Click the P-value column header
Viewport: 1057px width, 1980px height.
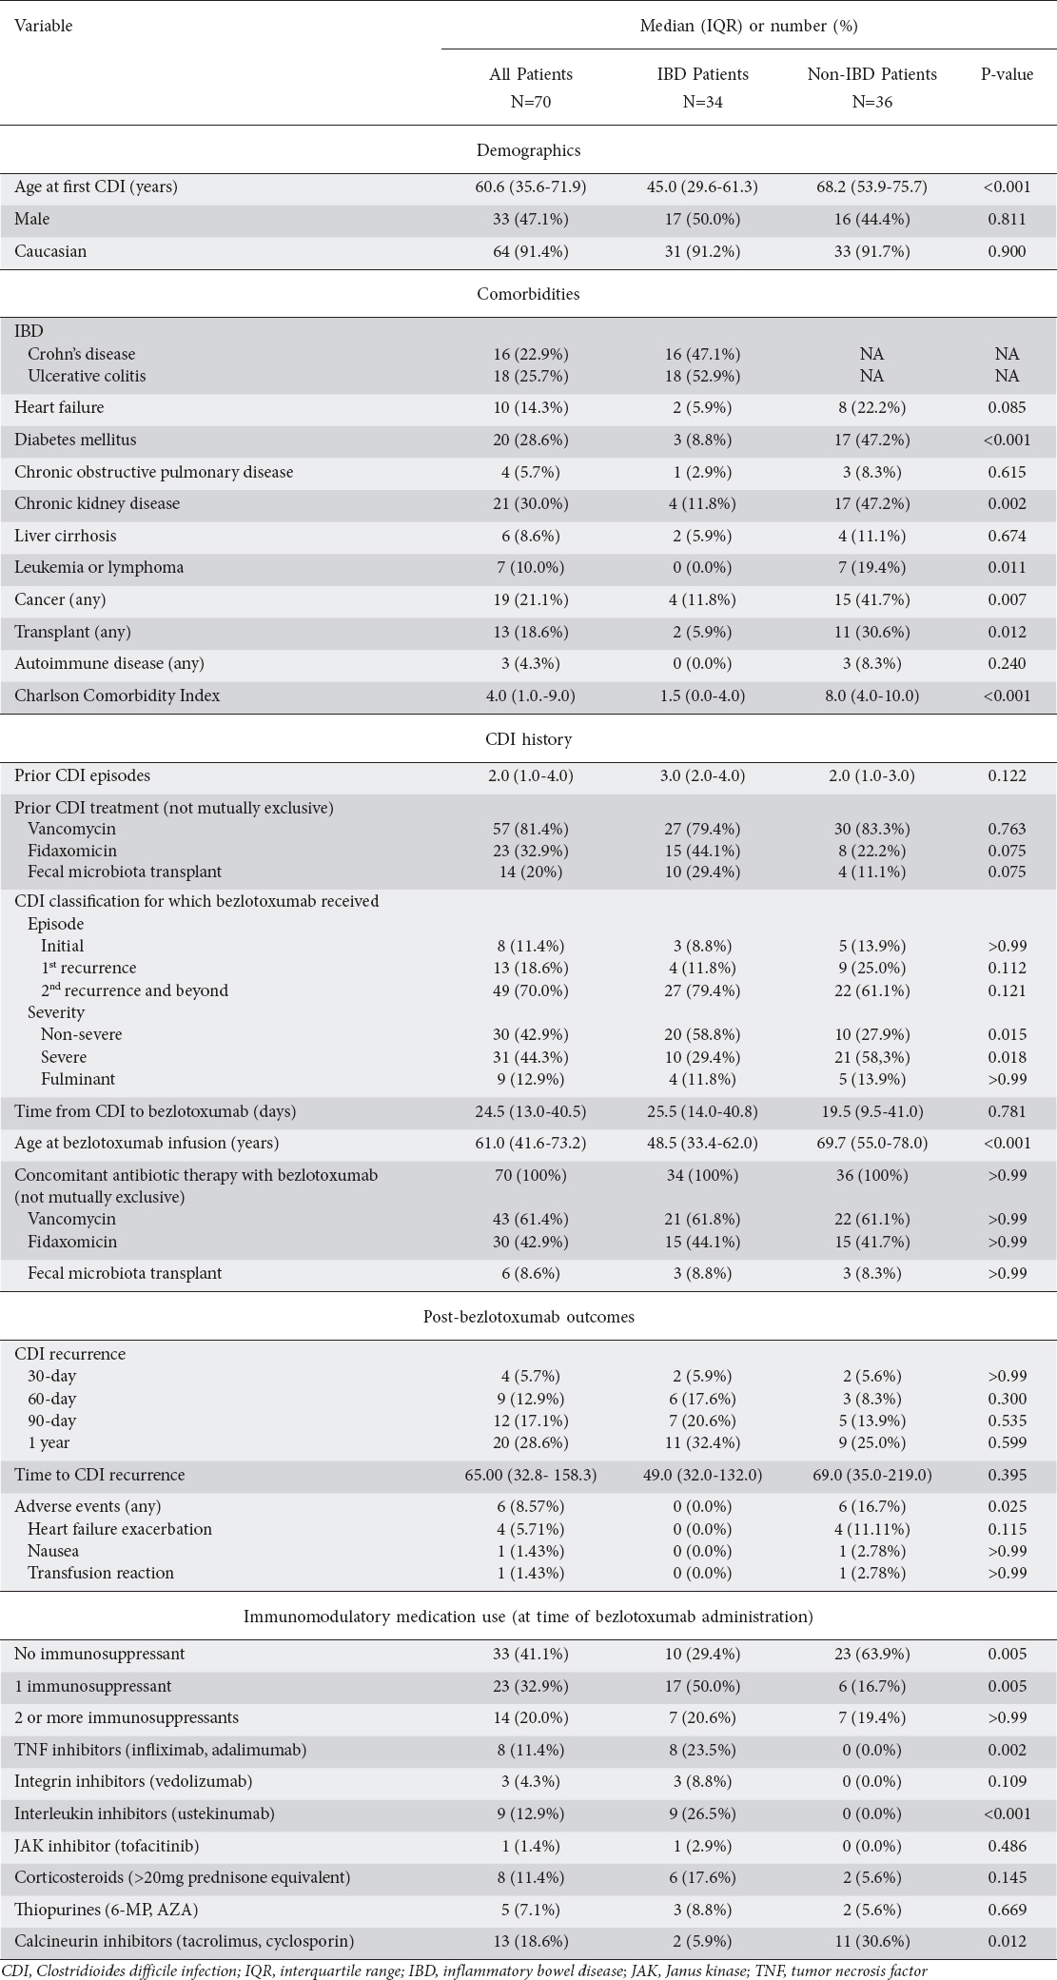1007,74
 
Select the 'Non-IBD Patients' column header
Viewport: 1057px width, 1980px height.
871,74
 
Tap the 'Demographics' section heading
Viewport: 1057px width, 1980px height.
528,149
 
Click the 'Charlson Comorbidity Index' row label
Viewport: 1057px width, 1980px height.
117,696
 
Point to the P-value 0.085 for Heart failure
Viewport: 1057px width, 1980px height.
1007,407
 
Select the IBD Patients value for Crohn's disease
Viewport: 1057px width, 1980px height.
703,354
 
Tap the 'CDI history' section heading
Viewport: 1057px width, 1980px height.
528,738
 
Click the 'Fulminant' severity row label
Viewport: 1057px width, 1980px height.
78,1079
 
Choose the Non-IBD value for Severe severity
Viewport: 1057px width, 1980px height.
871,1057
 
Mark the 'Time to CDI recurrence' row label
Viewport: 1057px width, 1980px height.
100,1475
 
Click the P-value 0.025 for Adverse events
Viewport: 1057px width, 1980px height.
1007,1506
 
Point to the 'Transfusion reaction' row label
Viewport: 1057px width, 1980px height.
101,1573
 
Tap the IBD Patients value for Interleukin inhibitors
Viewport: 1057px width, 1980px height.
703,1813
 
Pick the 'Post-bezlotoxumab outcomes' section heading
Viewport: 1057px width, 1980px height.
528,1317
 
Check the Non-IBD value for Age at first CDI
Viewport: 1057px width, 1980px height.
871,186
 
